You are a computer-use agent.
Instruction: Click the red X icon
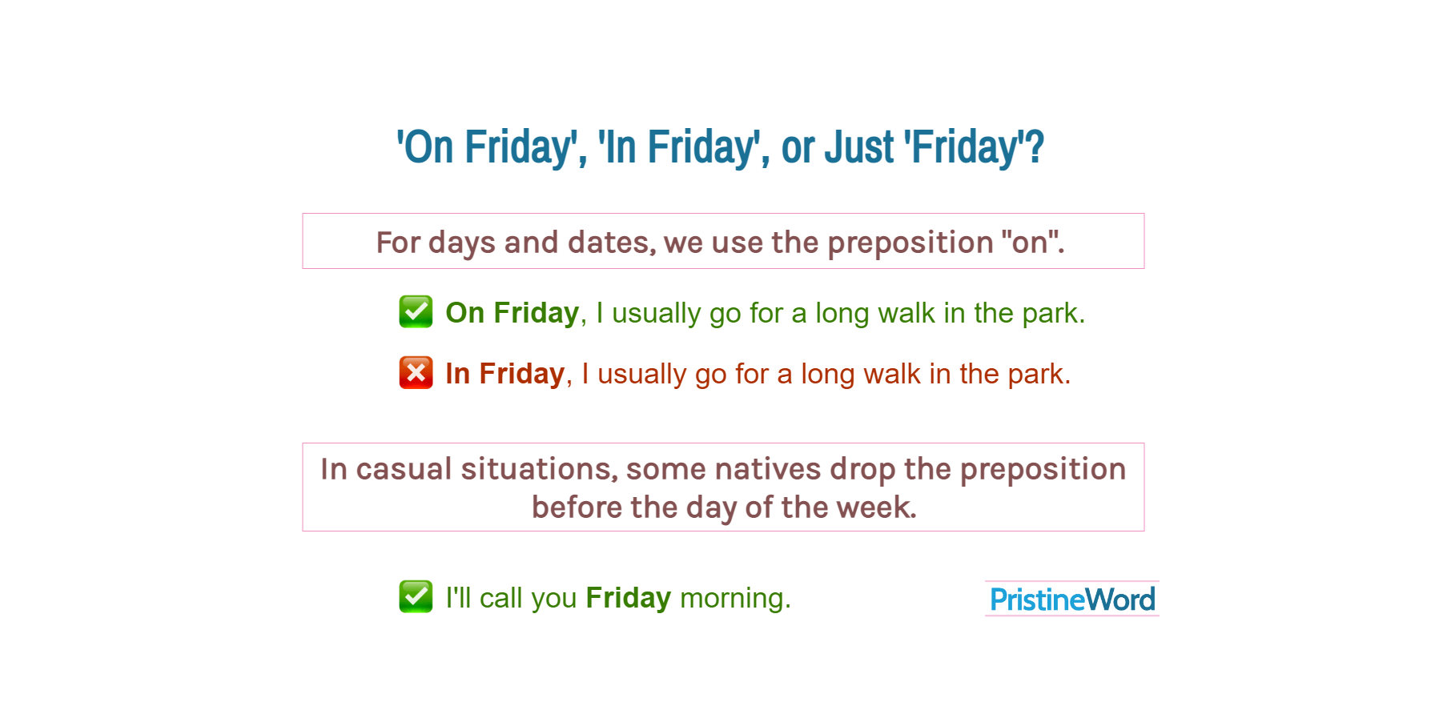[x=416, y=373]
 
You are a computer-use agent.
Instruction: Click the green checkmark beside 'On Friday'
[x=416, y=311]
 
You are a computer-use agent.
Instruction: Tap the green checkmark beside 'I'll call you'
[x=416, y=596]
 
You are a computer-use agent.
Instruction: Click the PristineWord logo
[x=1072, y=599]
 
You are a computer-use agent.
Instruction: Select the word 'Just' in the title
[x=859, y=147]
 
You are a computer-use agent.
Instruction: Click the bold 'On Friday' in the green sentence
[x=512, y=312]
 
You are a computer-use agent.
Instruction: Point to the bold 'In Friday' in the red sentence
[x=505, y=374]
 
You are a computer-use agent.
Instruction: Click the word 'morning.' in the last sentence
[x=734, y=598]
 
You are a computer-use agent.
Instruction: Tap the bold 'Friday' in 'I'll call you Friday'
[x=628, y=598]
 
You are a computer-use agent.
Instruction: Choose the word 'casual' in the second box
[x=404, y=469]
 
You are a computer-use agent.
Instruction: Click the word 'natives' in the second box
[x=767, y=469]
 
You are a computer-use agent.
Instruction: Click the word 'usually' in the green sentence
[x=656, y=312]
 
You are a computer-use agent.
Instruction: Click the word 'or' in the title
[x=798, y=147]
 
